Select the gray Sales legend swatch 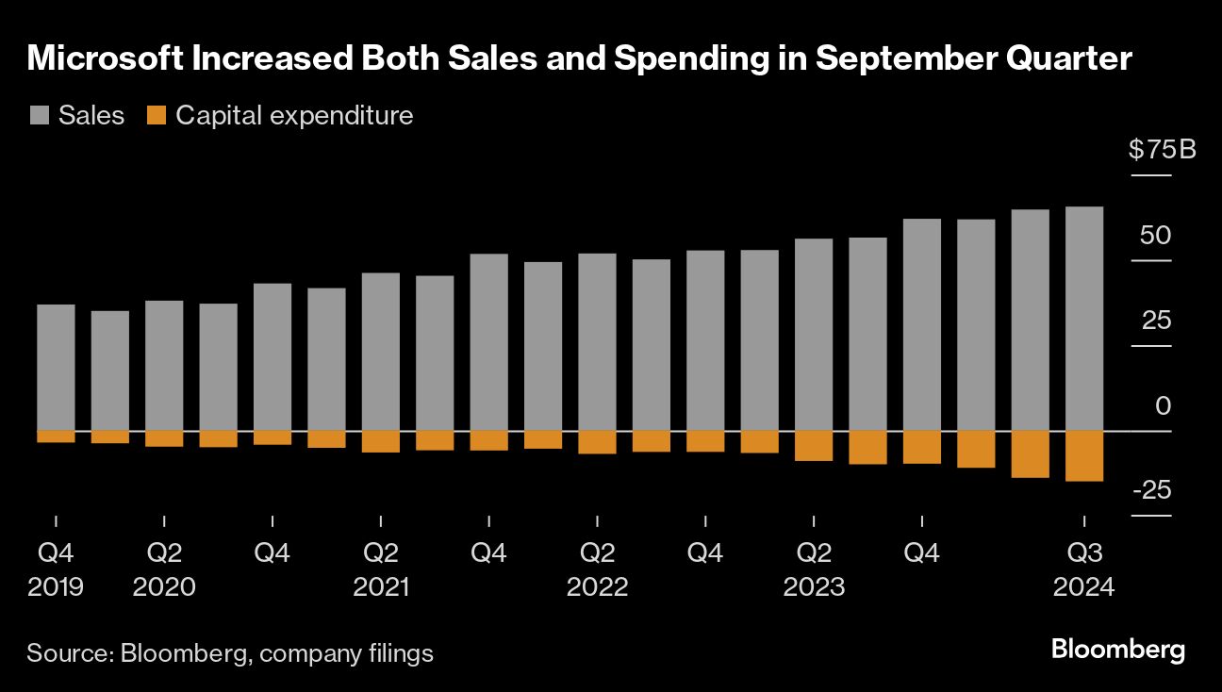[x=39, y=116]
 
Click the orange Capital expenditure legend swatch [x=157, y=116]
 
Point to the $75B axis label [x=1162, y=150]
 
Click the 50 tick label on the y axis [x=1155, y=235]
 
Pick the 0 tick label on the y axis [x=1164, y=405]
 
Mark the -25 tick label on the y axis [x=1152, y=490]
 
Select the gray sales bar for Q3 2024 [x=1083, y=319]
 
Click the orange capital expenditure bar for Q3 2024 [x=1083, y=456]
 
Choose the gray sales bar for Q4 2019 [x=56, y=368]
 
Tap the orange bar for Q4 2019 [x=56, y=437]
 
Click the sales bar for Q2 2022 [x=597, y=342]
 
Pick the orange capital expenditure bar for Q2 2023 [x=814, y=446]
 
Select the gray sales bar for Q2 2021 [x=381, y=352]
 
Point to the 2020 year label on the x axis [x=164, y=587]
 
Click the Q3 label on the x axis [x=1083, y=553]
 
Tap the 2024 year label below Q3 [x=1083, y=587]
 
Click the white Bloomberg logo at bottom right [x=1117, y=650]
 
